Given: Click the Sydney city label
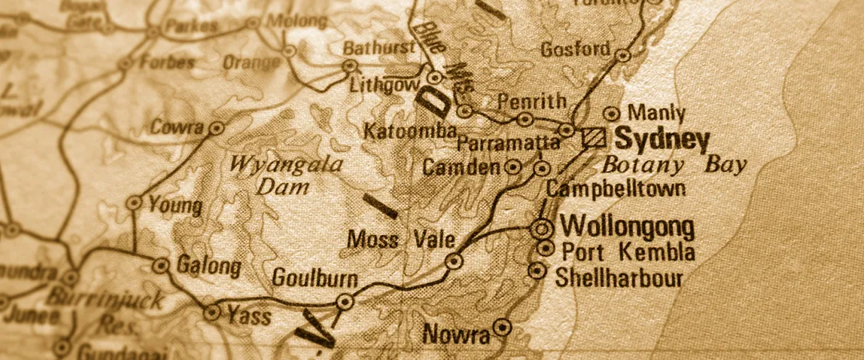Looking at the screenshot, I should (662, 140).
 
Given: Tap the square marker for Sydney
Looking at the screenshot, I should (594, 138).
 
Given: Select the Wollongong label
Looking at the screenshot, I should (627, 226).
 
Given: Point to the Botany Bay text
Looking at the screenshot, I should (674, 166).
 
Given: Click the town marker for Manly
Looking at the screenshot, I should (613, 114).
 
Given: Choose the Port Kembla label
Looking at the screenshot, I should (628, 252).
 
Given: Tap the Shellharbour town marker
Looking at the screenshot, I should (537, 271).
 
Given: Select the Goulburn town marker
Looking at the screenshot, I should (345, 302).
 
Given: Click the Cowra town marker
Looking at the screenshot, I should (215, 128).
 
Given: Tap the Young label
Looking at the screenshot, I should (175, 206).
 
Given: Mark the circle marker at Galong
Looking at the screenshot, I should (162, 266).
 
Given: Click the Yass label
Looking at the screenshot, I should (249, 316).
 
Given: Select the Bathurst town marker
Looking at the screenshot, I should (350, 66).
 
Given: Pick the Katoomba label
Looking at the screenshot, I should (410, 131).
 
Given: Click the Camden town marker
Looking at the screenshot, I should (514, 167).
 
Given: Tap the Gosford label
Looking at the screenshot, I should (575, 49).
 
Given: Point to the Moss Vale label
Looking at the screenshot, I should (402, 239).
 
